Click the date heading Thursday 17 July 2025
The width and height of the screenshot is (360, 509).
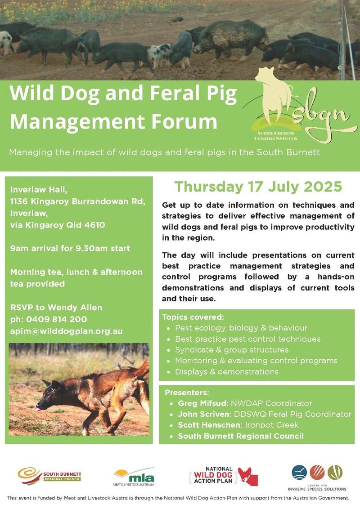pyautogui.click(x=258, y=186)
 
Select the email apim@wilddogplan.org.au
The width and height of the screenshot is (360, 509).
pyautogui.click(x=66, y=331)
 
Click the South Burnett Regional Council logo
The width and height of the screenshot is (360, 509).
pyautogui.click(x=49, y=475)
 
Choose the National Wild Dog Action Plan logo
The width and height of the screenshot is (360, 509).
pyautogui.click(x=223, y=476)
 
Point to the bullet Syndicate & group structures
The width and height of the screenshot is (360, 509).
pyautogui.click(x=232, y=349)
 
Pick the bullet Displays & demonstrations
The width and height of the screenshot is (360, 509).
pyautogui.click(x=226, y=372)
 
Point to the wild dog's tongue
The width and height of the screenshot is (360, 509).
pyautogui.click(x=37, y=409)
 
